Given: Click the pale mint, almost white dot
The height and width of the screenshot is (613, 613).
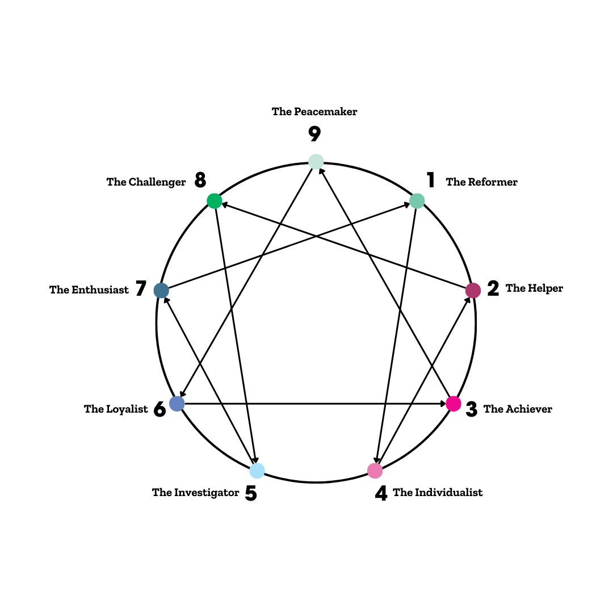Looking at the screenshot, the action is (316, 162).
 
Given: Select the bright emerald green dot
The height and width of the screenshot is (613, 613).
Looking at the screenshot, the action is (215, 201).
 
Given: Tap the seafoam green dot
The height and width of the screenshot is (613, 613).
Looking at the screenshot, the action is (417, 201).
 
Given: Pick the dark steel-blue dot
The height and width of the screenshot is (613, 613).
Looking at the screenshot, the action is (161, 291).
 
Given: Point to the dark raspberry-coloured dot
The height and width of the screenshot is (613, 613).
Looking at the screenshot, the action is (473, 291).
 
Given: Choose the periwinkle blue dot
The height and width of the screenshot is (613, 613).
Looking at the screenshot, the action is (177, 404).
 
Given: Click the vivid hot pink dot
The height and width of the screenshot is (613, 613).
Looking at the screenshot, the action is (454, 404).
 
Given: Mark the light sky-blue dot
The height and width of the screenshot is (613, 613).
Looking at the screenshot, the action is (257, 471).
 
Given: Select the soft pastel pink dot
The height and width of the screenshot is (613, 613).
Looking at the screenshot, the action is (375, 471).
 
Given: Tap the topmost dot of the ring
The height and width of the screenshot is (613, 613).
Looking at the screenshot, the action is (316, 162).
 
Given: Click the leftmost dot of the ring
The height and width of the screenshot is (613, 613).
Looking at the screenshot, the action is (161, 291).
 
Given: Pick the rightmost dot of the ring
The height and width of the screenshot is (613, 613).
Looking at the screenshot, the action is (473, 291).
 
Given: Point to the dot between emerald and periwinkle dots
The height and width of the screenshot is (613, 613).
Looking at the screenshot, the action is (161, 291).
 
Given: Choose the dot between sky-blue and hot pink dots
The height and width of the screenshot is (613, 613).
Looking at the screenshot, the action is (375, 471).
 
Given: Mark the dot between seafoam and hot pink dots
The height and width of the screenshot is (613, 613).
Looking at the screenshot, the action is (473, 291).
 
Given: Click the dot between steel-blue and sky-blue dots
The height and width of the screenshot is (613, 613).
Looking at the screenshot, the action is (177, 404).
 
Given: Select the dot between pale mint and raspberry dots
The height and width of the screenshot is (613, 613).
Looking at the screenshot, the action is (417, 201).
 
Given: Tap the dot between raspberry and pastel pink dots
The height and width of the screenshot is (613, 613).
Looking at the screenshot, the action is (454, 404).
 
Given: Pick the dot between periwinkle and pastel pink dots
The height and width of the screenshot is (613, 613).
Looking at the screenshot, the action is (257, 471).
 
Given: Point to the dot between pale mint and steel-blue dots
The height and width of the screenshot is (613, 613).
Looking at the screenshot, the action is (215, 201).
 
